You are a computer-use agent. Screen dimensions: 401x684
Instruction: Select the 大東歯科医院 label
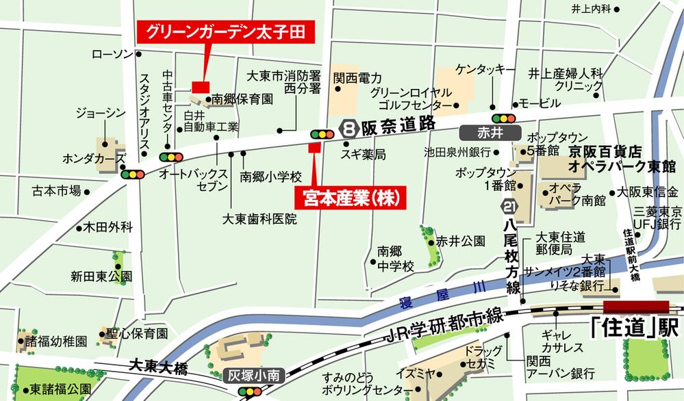click(260, 219)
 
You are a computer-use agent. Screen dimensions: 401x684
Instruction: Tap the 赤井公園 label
click(461, 242)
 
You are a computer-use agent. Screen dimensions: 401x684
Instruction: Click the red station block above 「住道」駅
click(635, 307)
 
